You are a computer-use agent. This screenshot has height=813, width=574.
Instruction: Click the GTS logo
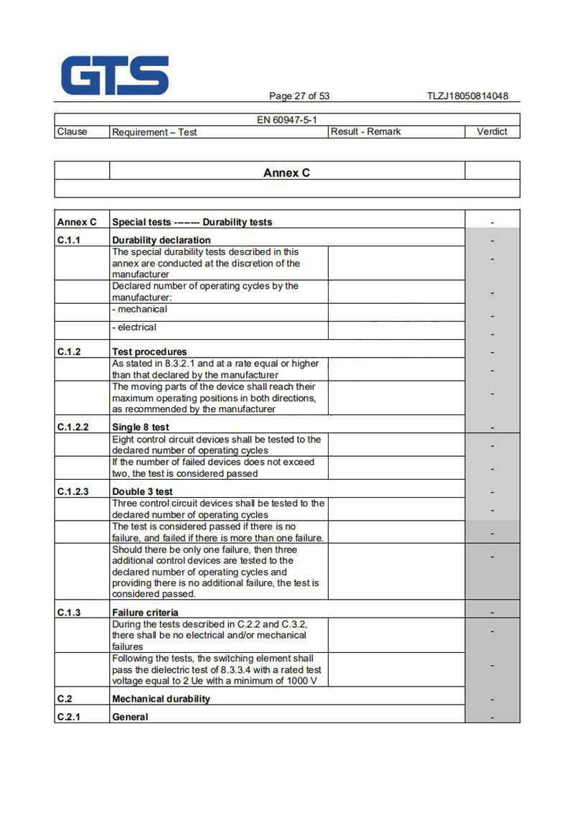point(115,75)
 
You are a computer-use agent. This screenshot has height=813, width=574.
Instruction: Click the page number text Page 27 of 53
point(299,96)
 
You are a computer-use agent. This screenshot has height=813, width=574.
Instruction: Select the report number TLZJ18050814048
point(467,96)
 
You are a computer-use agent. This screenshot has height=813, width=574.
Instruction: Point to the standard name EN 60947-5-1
point(287,120)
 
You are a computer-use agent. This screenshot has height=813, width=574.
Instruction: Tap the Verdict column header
point(491,131)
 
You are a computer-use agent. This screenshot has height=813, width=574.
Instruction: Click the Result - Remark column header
point(366,131)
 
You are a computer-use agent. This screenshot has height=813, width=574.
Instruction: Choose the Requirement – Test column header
point(154,132)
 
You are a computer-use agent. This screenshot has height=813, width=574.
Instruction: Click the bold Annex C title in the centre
point(287,172)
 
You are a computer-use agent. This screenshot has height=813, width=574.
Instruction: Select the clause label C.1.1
point(69,240)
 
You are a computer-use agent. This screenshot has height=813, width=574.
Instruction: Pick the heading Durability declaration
point(161,240)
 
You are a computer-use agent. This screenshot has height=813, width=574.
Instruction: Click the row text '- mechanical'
point(140,310)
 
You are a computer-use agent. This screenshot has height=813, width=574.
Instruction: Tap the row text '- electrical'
point(134,327)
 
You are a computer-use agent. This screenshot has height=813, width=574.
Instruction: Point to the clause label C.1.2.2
point(73,427)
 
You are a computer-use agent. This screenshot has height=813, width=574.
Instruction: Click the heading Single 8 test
point(141,427)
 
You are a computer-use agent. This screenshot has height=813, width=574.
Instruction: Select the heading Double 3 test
point(143,492)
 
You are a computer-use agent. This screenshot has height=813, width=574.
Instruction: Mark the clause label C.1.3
point(69,613)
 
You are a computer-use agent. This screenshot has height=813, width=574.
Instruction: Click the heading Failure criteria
point(146,613)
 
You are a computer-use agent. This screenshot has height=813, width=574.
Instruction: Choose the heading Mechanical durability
point(161,699)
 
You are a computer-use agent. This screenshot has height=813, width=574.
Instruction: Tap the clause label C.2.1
point(69,717)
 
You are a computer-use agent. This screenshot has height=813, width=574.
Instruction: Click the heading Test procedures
point(149,352)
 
